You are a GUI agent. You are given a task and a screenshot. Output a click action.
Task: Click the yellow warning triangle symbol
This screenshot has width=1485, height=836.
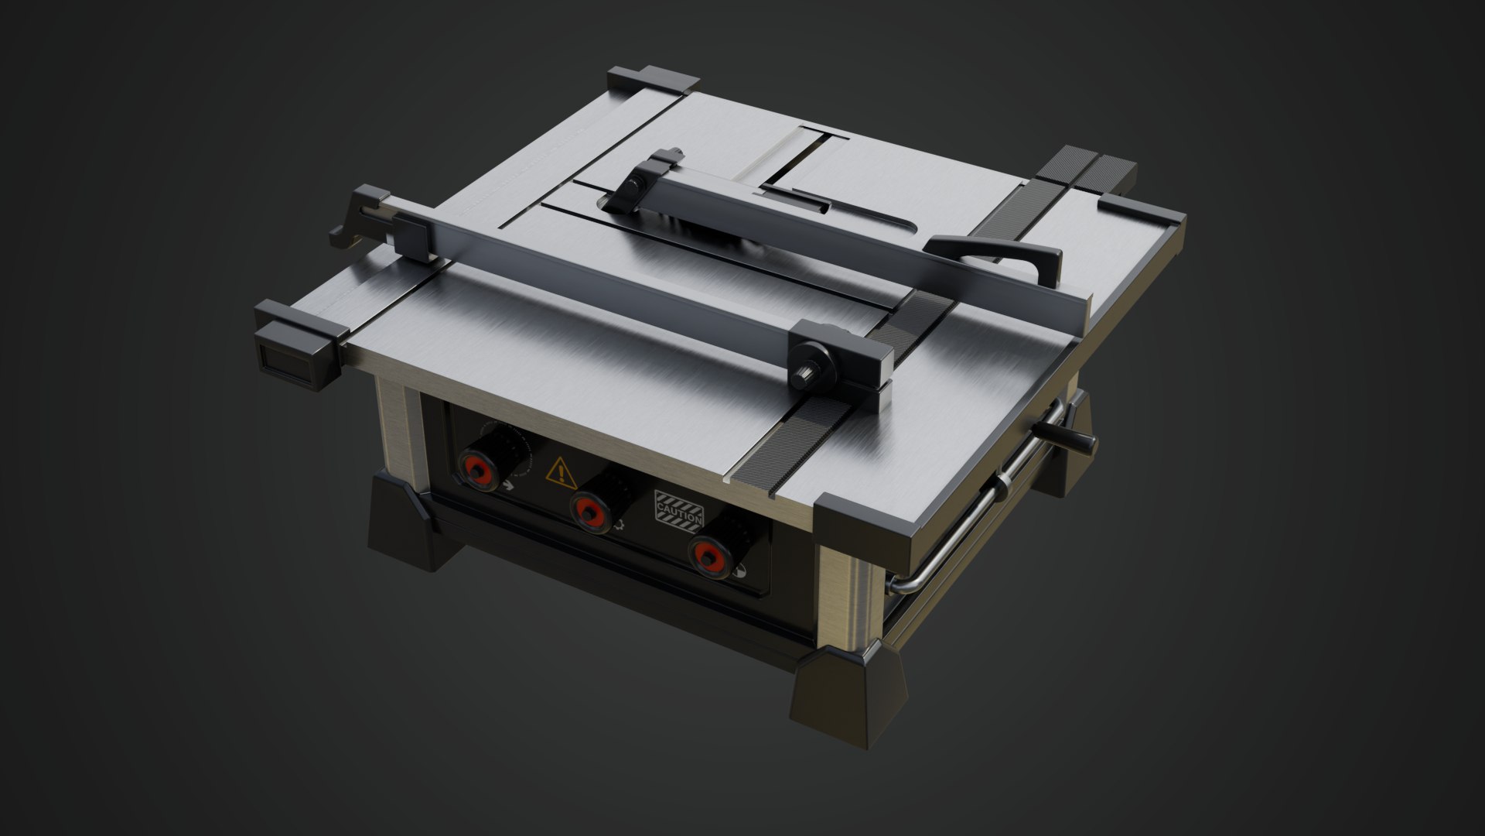tap(562, 472)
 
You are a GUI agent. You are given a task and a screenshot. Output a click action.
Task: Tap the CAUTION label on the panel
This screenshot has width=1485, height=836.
tap(678, 509)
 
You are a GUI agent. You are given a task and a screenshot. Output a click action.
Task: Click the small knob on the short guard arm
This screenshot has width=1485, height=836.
tap(634, 184)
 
